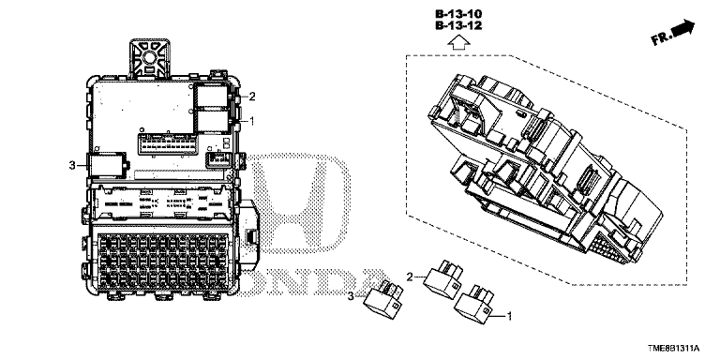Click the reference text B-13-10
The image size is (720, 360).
click(458, 14)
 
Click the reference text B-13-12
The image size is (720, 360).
click(458, 25)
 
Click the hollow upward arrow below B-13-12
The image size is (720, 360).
click(458, 43)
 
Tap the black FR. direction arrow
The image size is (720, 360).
click(682, 28)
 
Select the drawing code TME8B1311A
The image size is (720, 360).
click(674, 349)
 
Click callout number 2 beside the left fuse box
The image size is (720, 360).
click(252, 97)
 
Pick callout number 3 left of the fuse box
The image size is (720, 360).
click(72, 165)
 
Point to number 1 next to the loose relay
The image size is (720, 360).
click(508, 316)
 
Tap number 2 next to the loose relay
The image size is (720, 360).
click(410, 277)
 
